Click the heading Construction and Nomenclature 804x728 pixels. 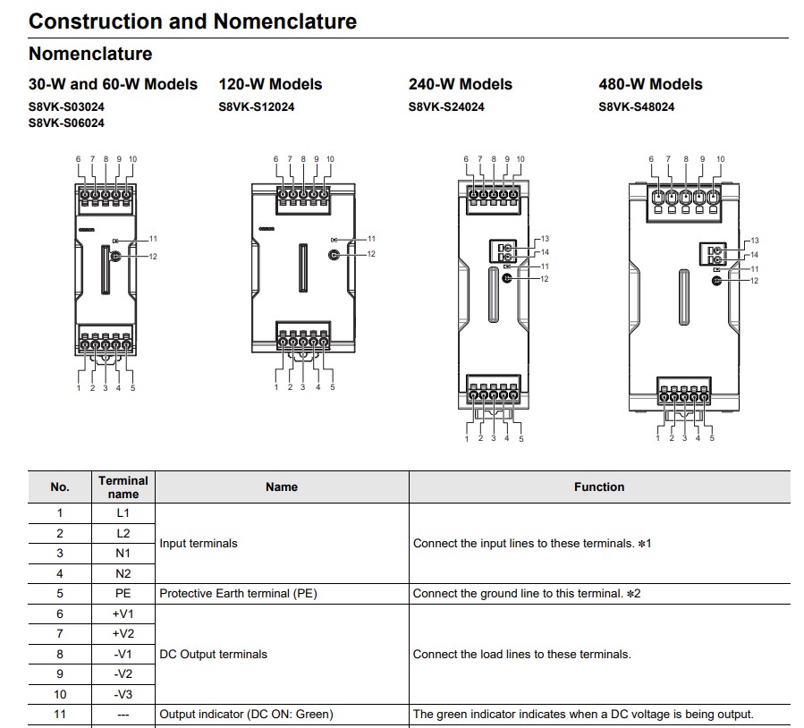coord(193,21)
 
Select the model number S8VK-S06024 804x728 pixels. coord(67,123)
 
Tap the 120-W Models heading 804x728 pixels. coord(270,84)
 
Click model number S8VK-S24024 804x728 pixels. coord(446,107)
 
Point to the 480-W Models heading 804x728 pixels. coord(651,84)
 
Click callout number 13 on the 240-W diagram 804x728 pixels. coord(545,239)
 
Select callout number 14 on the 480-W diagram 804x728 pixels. coord(754,255)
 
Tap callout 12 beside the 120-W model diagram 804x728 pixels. coord(371,254)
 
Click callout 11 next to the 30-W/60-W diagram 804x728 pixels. coord(153,239)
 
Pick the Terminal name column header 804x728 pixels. coord(123,487)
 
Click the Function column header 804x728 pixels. coord(599,487)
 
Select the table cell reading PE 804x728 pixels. coord(123,594)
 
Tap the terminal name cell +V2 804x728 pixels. coord(123,634)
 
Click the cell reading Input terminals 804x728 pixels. coord(199,544)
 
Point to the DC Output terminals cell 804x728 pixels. coord(214,654)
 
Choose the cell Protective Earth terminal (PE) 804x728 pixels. coord(239,594)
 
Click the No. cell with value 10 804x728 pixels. coord(60,695)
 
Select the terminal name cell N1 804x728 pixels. coord(123,554)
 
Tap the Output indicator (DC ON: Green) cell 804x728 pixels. coord(246,715)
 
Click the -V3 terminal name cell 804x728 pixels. coord(123,695)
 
